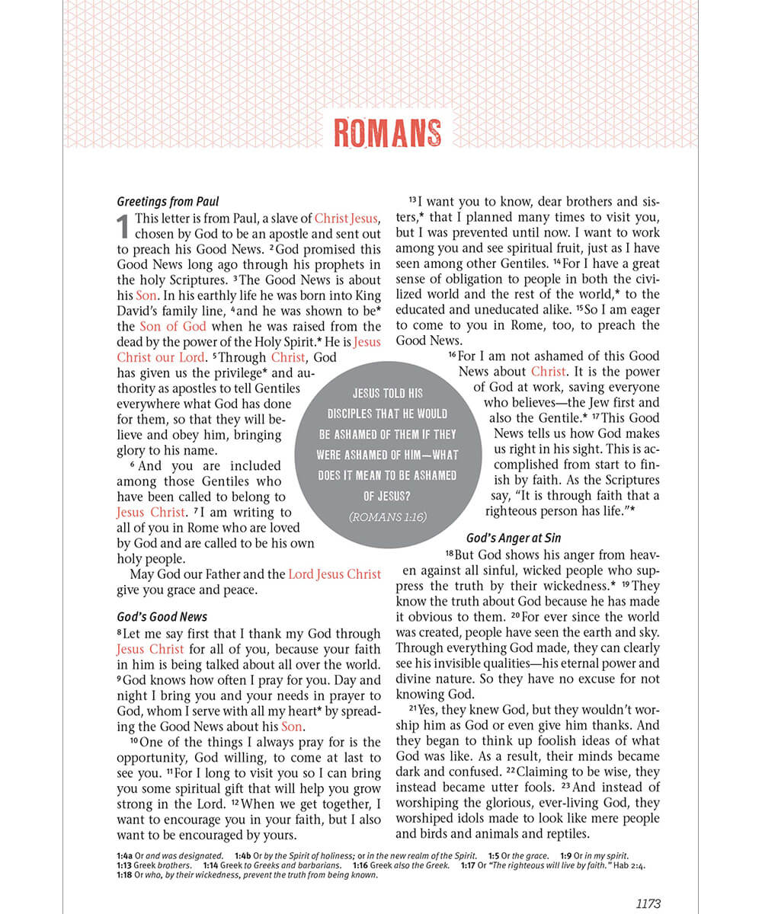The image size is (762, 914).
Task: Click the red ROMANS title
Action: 387,133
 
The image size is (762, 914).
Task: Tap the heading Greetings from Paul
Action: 168,202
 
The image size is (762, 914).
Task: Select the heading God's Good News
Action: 162,617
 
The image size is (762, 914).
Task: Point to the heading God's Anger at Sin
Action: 514,538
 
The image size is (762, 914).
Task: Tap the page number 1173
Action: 648,904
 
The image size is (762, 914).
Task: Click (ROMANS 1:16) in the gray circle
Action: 387,517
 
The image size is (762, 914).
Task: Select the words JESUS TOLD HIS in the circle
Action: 388,394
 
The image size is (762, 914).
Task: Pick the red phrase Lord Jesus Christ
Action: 335,574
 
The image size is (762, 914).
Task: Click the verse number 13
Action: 412,200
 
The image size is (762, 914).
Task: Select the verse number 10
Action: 134,740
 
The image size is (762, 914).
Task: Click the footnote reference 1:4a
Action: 125,856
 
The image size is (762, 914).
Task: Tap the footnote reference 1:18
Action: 124,874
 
